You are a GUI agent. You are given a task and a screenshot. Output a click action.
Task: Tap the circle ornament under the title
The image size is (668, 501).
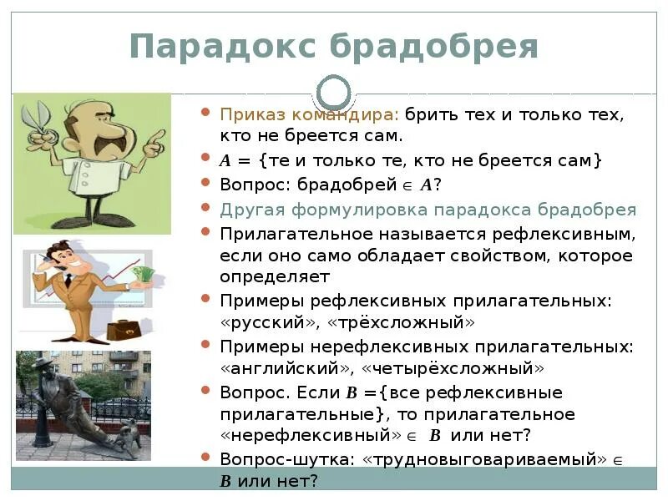tap(335, 91)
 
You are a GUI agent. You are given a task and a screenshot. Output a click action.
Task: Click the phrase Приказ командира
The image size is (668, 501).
tap(308, 114)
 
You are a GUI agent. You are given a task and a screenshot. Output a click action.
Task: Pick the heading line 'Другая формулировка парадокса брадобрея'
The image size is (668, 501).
tap(428, 210)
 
